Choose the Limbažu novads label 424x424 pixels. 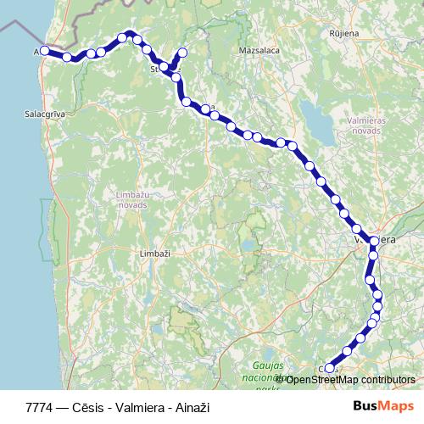click(132, 199)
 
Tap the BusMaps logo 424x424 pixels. click(383, 407)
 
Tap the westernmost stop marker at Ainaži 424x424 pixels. click(45, 51)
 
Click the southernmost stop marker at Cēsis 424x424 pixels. click(330, 368)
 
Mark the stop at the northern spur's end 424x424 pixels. click(182, 53)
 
